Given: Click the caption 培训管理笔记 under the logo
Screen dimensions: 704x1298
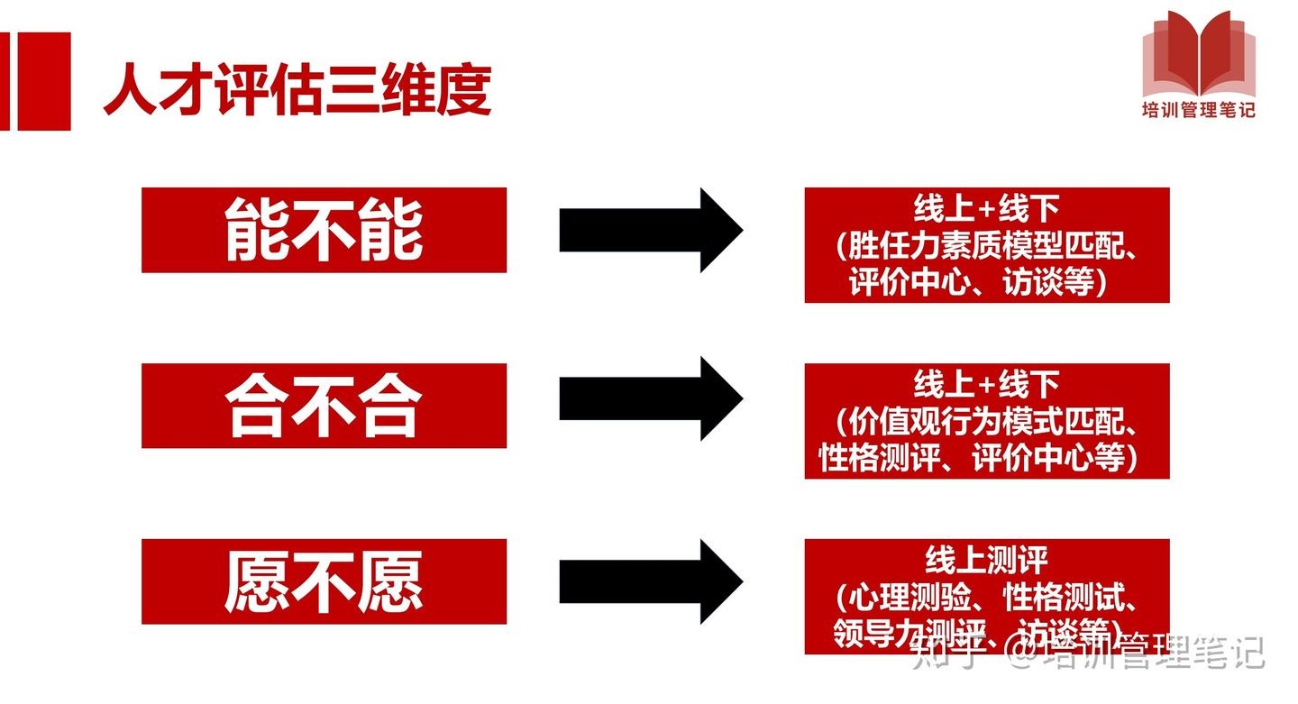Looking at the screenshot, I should pyautogui.click(x=1198, y=110).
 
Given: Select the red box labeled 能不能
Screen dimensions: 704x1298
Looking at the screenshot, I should pyautogui.click(x=324, y=230).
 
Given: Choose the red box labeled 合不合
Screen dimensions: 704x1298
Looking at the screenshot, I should pyautogui.click(x=324, y=406).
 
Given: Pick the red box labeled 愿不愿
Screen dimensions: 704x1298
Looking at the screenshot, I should pyautogui.click(x=324, y=581).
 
